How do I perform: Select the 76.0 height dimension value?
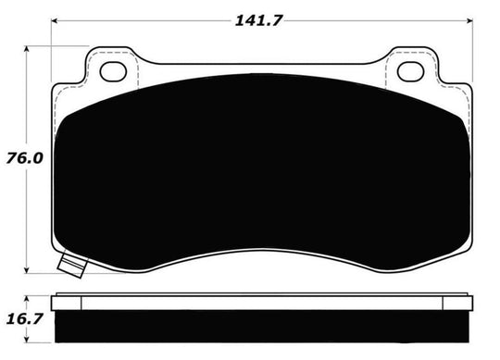click(x=19, y=158)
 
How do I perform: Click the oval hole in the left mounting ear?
click(x=110, y=70)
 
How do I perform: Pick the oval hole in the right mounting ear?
click(x=408, y=70)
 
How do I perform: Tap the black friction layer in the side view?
click(x=261, y=331)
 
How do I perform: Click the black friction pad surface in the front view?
click(x=261, y=167)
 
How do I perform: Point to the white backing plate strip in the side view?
click(x=261, y=305)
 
